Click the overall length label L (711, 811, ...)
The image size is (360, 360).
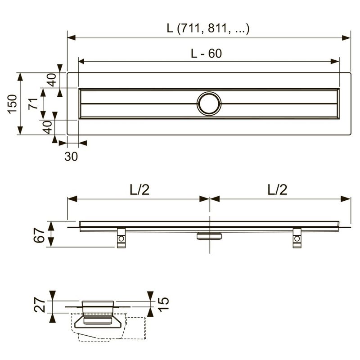208,29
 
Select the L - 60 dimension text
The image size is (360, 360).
207,54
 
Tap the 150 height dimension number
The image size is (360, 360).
13,104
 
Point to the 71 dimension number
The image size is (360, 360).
33,104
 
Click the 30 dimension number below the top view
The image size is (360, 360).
71,157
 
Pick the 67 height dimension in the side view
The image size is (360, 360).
39,235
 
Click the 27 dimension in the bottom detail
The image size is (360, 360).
40,305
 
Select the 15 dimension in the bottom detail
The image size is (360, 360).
163,305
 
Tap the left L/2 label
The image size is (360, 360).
139,190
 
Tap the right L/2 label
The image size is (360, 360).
277,190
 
